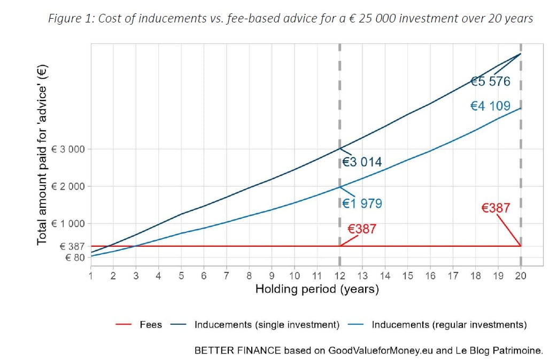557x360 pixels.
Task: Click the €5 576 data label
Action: click(x=490, y=82)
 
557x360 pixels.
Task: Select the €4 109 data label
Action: click(x=490, y=106)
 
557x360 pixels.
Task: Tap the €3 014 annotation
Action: click(x=362, y=162)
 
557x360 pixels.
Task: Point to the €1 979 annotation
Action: click(x=362, y=204)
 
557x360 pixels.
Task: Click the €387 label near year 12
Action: click(x=362, y=229)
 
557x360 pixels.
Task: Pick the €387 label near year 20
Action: click(x=496, y=208)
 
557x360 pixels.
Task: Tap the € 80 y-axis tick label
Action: click(x=74, y=257)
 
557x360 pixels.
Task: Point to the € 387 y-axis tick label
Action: click(x=72, y=247)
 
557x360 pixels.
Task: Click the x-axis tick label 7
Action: click(x=226, y=276)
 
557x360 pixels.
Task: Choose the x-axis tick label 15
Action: click(x=407, y=276)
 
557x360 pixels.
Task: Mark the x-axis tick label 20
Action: click(x=521, y=276)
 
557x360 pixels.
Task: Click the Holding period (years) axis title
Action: click(x=317, y=289)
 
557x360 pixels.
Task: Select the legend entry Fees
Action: click(x=150, y=324)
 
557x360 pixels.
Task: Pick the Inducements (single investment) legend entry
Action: click(x=267, y=324)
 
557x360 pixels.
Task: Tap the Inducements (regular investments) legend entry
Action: click(x=449, y=324)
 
